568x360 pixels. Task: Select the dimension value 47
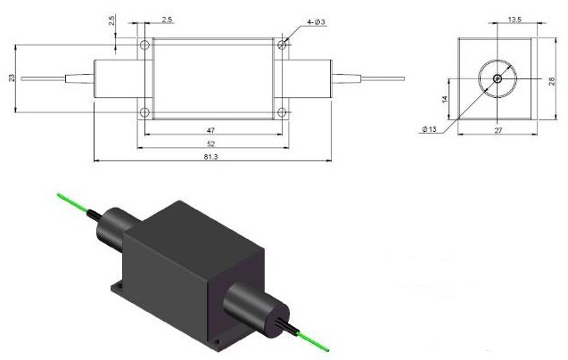[x=210, y=129]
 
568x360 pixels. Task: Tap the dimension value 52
[x=210, y=144]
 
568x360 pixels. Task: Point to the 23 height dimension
[x=12, y=78]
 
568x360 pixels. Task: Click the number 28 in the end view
[x=552, y=81]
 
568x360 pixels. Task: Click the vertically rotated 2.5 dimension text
[x=111, y=20]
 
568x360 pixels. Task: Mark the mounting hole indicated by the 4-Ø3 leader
[x=282, y=43]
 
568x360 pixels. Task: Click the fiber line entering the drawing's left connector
[x=54, y=78]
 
